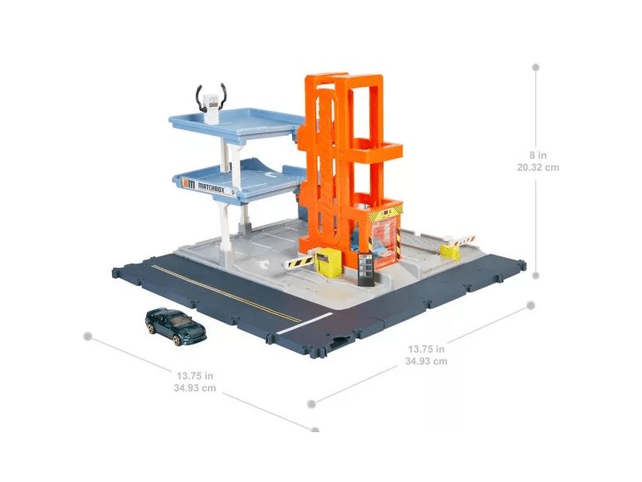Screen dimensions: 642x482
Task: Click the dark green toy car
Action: [175, 326]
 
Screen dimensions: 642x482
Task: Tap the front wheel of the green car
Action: [177, 340]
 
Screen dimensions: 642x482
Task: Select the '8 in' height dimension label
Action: [538, 155]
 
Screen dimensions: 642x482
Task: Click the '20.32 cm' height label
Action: [538, 167]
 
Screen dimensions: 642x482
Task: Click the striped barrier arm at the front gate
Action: [299, 262]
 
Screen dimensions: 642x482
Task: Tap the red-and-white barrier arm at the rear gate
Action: [463, 240]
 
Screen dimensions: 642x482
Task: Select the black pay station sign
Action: [366, 269]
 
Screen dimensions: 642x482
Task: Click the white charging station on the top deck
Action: [211, 108]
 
